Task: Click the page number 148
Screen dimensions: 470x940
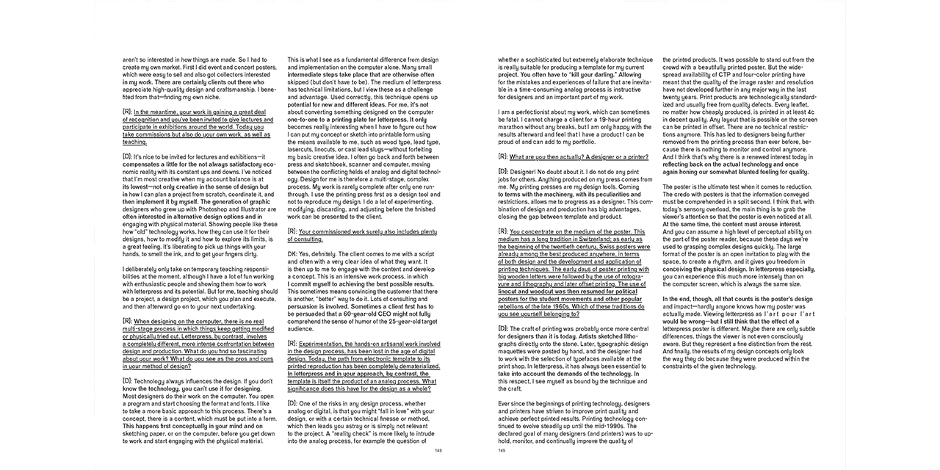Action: (x=438, y=450)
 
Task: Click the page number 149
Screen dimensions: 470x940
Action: (x=502, y=450)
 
